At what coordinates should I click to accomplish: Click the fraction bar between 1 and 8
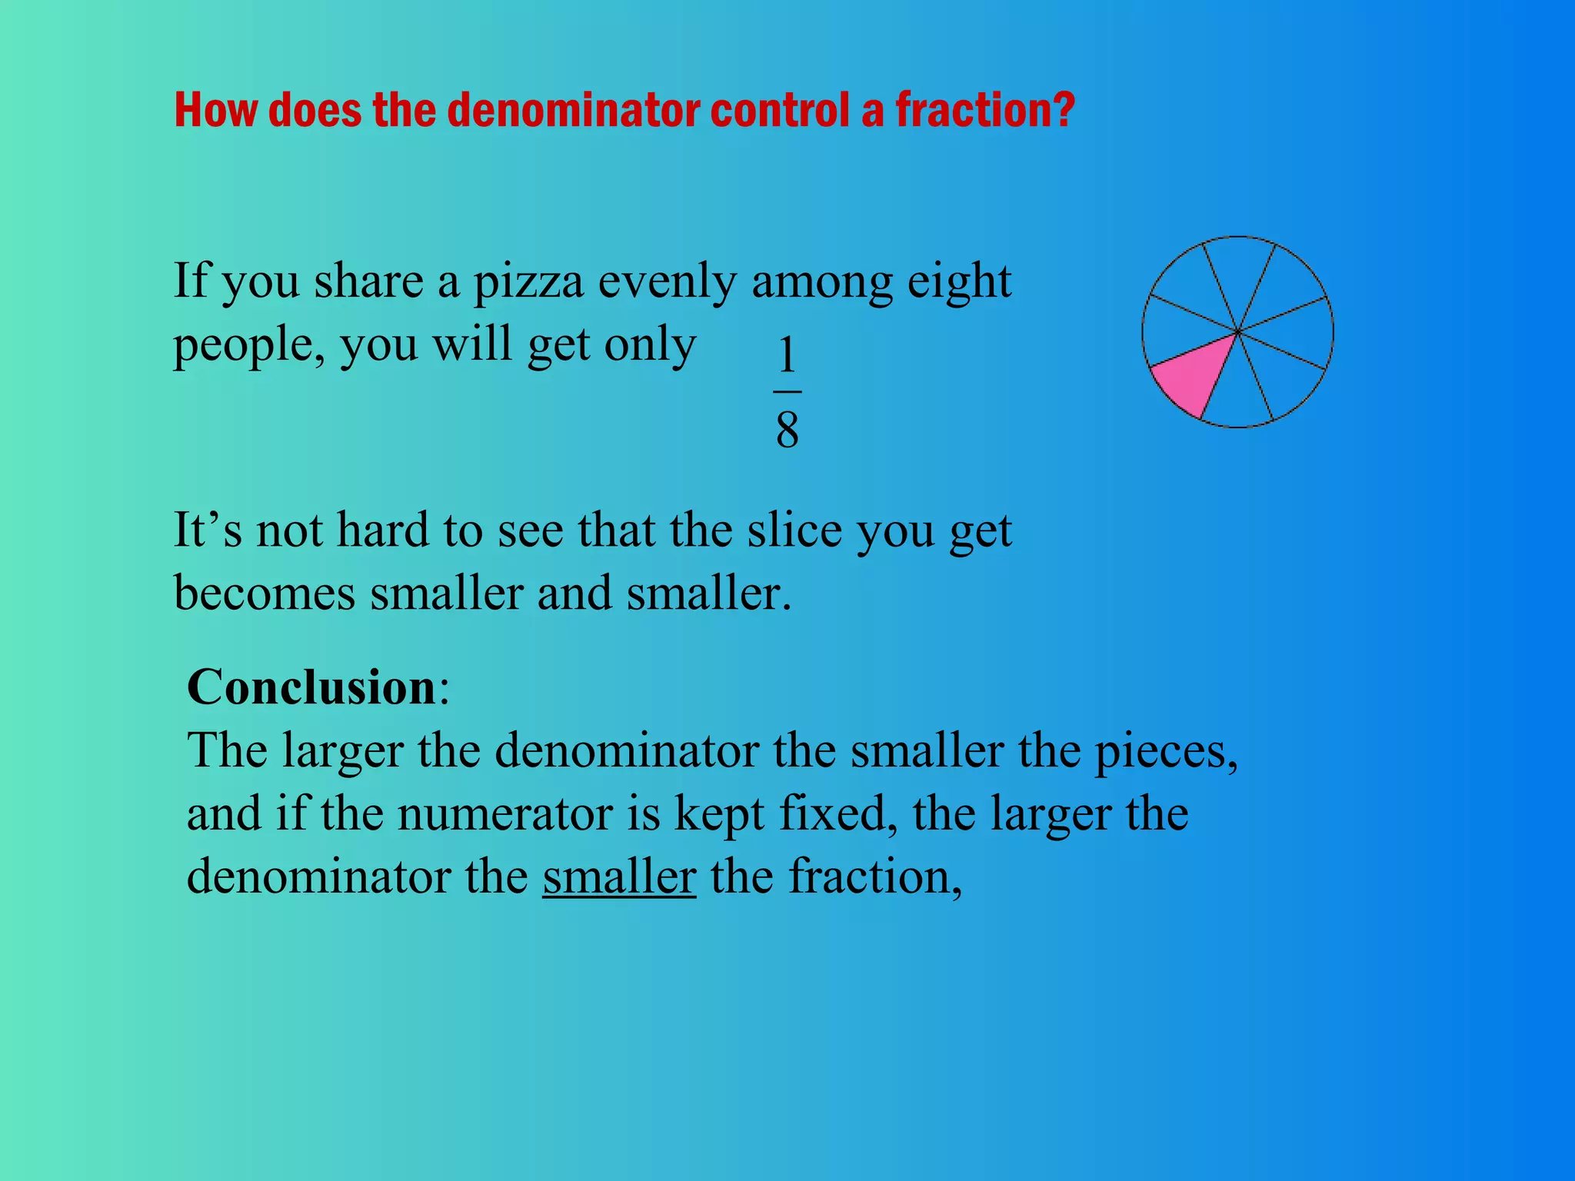pyautogui.click(x=787, y=391)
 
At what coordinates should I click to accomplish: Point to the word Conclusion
pyautogui.click(x=311, y=687)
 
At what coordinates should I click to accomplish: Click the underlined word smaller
pyautogui.click(x=619, y=876)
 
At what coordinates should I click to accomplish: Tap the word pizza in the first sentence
pyautogui.click(x=528, y=281)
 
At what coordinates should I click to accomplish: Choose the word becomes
pyautogui.click(x=265, y=594)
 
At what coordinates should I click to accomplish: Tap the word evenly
pyautogui.click(x=667, y=282)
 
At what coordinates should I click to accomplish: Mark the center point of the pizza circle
pyautogui.click(x=1237, y=332)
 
